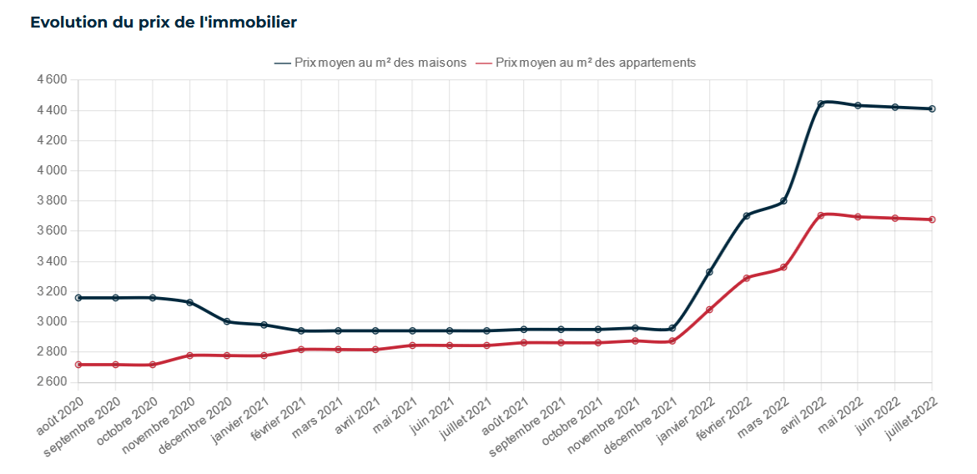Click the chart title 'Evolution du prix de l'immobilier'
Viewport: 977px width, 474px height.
(x=164, y=23)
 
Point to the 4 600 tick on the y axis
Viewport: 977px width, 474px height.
(x=52, y=80)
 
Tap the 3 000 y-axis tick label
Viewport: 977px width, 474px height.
(x=52, y=321)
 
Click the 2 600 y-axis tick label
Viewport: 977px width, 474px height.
(x=52, y=381)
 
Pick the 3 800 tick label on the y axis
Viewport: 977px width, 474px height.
(x=52, y=200)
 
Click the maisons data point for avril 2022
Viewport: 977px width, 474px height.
(x=821, y=103)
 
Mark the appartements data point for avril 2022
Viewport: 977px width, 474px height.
(x=821, y=215)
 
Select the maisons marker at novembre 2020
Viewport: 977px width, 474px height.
(x=189, y=302)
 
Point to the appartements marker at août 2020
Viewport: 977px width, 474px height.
(x=78, y=365)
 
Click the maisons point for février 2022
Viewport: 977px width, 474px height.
(x=747, y=215)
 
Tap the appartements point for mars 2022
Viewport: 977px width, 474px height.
(x=783, y=267)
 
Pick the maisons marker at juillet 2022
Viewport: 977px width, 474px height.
(x=932, y=108)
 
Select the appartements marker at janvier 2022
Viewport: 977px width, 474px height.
(x=709, y=310)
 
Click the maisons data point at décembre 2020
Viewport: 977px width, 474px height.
(x=227, y=321)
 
